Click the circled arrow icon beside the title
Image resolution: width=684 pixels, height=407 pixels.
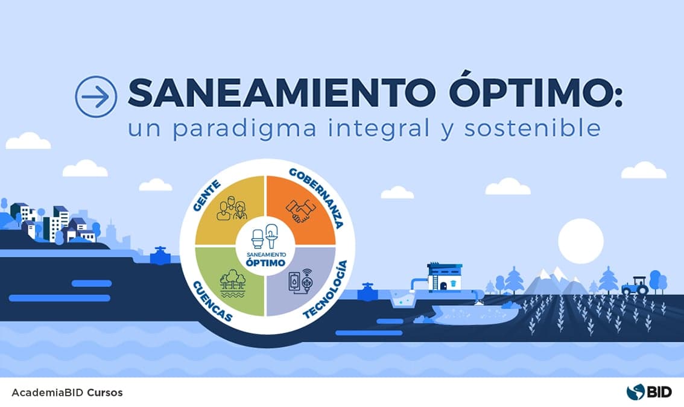coord(96,96)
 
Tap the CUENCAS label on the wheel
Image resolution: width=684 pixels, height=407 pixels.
coord(215,301)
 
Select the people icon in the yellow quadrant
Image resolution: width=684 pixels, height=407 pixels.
coord(232,210)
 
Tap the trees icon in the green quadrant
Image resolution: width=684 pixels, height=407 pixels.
coord(232,284)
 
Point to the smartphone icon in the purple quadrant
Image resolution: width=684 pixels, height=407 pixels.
coord(294,283)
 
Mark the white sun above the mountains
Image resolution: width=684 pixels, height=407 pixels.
coord(580,240)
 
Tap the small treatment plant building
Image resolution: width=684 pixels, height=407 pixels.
coord(445,277)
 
